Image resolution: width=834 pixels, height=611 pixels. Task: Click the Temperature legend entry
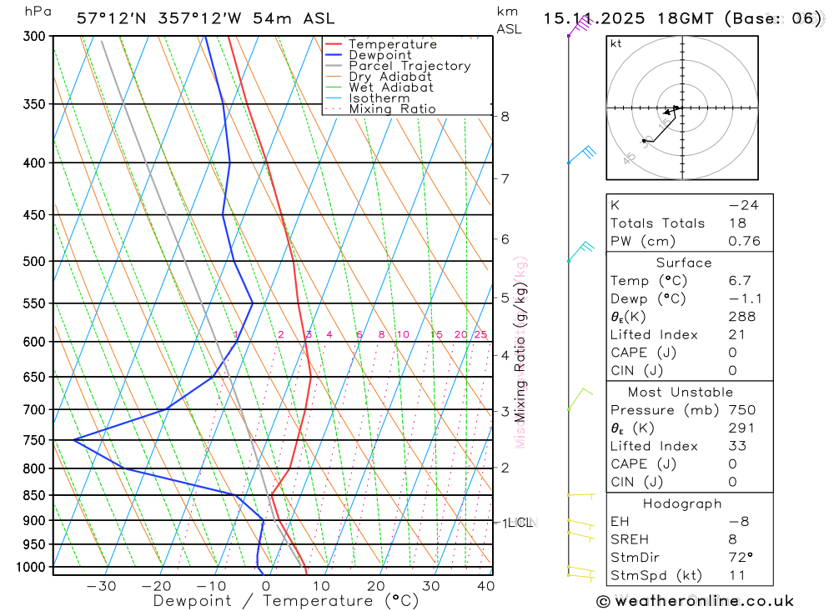click(x=392, y=44)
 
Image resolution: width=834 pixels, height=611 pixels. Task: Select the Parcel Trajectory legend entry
click(x=409, y=66)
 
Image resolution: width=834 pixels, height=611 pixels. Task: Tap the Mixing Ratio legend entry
click(x=392, y=109)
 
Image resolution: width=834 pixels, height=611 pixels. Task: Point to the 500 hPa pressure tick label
click(x=34, y=261)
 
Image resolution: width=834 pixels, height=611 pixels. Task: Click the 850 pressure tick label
click(x=34, y=495)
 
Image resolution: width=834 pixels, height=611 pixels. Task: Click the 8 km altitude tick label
click(x=505, y=117)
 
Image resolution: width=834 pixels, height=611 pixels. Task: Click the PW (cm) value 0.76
click(x=744, y=242)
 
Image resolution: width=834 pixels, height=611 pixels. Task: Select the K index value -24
click(x=743, y=205)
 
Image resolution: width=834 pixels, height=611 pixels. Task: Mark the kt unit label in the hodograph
click(x=616, y=44)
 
